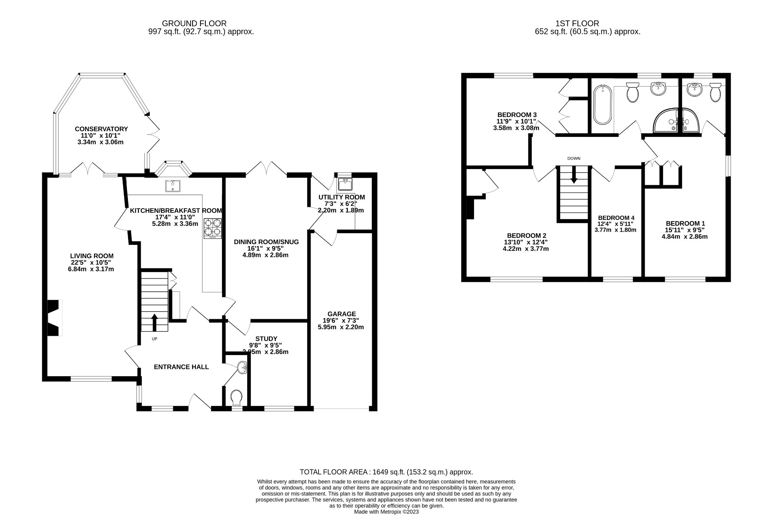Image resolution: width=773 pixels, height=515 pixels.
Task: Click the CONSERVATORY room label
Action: [101, 129]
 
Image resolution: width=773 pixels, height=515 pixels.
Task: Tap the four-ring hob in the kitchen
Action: [212, 228]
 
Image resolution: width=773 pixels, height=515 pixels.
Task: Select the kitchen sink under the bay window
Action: [173, 186]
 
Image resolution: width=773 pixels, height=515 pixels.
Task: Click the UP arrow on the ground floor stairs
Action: [154, 322]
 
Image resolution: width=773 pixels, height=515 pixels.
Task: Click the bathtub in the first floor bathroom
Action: [602, 105]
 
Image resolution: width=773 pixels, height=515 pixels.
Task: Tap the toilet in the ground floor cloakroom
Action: [236, 398]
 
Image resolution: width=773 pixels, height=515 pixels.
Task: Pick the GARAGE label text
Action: [342, 314]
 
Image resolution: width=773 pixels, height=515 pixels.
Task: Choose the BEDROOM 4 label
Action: [616, 218]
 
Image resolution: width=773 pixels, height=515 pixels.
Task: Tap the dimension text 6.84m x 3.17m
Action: [91, 269]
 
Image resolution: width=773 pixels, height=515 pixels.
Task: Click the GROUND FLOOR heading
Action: [194, 24]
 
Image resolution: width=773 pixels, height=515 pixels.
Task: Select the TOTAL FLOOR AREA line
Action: [386, 472]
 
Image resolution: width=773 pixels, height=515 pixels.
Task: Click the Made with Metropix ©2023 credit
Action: [386, 512]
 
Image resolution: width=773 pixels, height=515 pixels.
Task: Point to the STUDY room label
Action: [266, 339]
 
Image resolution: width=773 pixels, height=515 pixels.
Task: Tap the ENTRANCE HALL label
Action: [181, 367]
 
